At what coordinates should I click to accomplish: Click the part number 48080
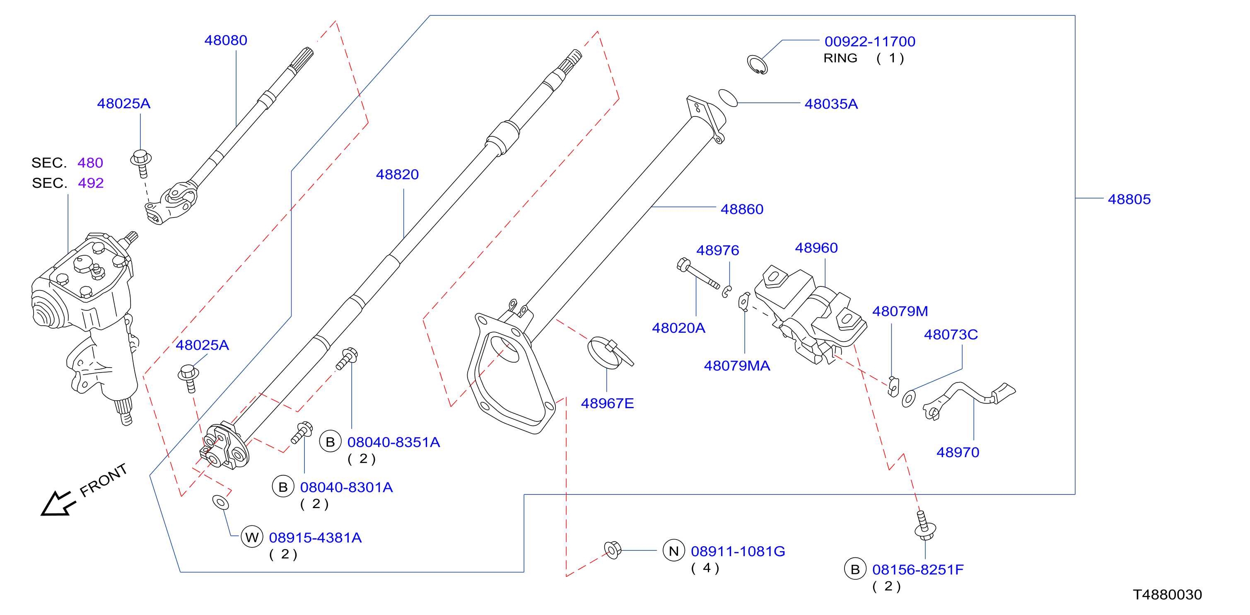click(226, 40)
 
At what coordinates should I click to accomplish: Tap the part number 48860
click(742, 209)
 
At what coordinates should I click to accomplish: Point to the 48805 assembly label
click(1129, 199)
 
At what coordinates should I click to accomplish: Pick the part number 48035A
click(831, 104)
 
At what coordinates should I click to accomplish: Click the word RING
click(840, 58)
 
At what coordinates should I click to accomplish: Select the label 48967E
click(607, 403)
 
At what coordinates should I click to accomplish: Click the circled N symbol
click(673, 551)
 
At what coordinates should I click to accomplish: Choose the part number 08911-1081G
click(738, 552)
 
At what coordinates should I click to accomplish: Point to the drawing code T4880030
click(1167, 595)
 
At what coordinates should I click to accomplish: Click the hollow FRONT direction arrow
click(57, 504)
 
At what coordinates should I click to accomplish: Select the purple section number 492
click(91, 183)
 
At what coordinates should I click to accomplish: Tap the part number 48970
click(958, 453)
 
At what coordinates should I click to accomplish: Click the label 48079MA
click(736, 366)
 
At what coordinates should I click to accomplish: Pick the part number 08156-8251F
click(917, 570)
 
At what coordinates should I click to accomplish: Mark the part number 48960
click(816, 248)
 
